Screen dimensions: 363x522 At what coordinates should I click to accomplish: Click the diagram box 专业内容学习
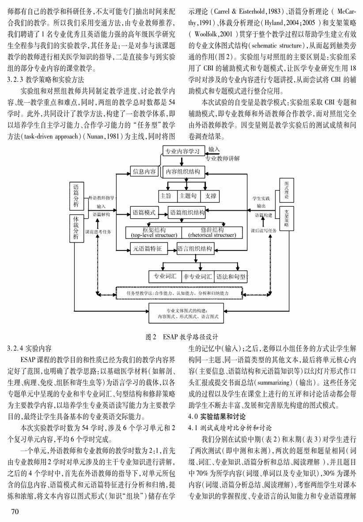pyautogui.click(x=183, y=151)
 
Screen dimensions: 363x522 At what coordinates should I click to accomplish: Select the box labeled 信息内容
pyautogui.click(x=144, y=172)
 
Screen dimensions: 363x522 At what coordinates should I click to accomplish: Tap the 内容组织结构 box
pyautogui.click(x=183, y=172)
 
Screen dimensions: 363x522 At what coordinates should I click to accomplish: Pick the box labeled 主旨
pyautogui.click(x=166, y=196)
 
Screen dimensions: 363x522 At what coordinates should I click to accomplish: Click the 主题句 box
pyautogui.click(x=188, y=196)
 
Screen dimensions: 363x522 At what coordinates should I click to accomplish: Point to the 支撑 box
pyautogui.click(x=211, y=196)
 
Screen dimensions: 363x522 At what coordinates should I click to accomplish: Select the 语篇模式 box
pyautogui.click(x=144, y=212)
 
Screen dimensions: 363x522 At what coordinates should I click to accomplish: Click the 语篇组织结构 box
pyautogui.click(x=187, y=212)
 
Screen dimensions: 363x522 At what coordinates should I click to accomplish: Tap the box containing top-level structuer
pyautogui.click(x=154, y=232)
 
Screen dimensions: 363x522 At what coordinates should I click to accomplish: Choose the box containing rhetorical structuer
pyautogui.click(x=212, y=232)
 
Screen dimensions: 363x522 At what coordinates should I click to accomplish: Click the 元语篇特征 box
pyautogui.click(x=147, y=248)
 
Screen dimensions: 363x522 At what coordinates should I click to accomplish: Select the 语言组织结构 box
pyautogui.click(x=195, y=248)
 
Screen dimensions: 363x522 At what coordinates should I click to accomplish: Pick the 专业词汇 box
pyautogui.click(x=165, y=276)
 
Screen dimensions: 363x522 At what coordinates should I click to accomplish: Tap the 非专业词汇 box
pyautogui.click(x=198, y=276)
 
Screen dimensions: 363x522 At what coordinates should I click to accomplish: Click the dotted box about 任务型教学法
pyautogui.click(x=178, y=293)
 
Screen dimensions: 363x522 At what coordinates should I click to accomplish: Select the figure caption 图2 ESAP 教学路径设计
pyautogui.click(x=182, y=336)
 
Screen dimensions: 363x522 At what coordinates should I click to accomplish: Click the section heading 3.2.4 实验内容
pyautogui.click(x=29, y=349)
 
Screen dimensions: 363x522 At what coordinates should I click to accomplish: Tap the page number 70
pyautogui.click(x=15, y=511)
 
